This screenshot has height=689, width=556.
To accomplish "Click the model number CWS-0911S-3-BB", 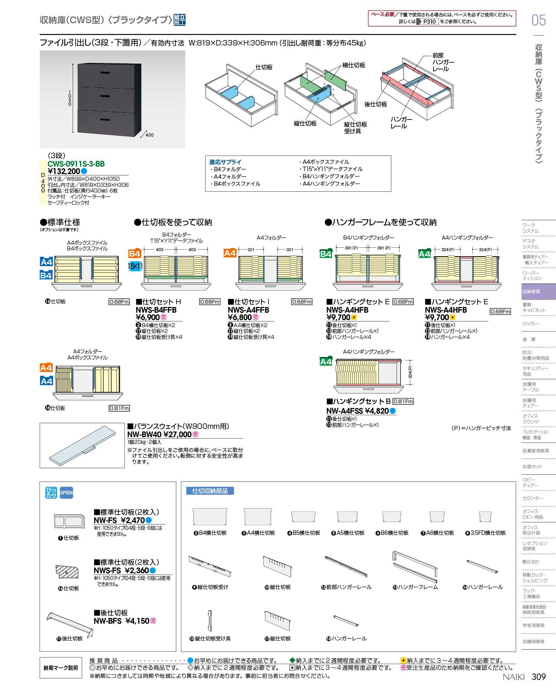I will (x=76, y=164).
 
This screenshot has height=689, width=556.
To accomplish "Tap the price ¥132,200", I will (x=64, y=171).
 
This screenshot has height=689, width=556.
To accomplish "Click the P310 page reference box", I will (x=429, y=22).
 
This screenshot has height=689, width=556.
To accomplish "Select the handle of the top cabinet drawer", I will (x=105, y=73).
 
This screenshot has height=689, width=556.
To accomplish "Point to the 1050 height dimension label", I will (x=70, y=98).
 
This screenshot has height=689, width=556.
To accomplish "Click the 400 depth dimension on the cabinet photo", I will (x=149, y=135).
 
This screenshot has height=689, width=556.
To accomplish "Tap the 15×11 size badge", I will (x=135, y=266).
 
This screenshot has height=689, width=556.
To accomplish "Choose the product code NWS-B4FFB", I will (x=156, y=310).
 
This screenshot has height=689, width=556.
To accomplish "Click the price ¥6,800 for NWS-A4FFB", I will (x=240, y=317).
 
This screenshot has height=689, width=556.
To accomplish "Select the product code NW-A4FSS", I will (x=345, y=411).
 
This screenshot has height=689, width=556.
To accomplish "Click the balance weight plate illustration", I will (x=82, y=446).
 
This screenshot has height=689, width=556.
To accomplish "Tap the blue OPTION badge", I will (x=66, y=493).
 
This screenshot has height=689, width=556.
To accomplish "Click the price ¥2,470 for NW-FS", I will (x=133, y=520).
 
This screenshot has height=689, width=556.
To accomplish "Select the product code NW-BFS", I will (x=108, y=621).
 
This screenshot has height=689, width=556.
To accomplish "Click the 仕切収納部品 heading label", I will (x=210, y=491).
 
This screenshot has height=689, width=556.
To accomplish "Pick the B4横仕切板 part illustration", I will (x=210, y=517).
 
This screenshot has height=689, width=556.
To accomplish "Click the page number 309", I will (x=539, y=677).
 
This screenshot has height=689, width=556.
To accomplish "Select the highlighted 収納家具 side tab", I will (x=539, y=291).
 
